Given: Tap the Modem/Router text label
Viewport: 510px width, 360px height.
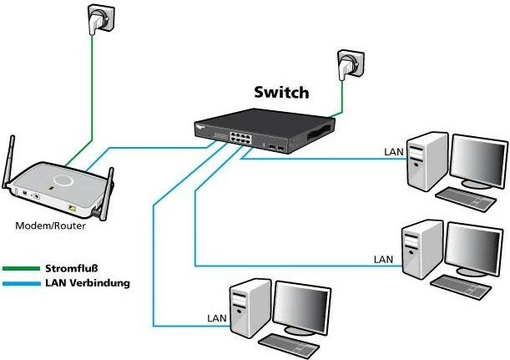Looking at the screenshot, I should pyautogui.click(x=48, y=226).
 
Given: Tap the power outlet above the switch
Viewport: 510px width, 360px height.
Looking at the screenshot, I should pyautogui.click(x=348, y=64).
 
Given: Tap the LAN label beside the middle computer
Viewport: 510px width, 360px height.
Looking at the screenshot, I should pyautogui.click(x=383, y=260).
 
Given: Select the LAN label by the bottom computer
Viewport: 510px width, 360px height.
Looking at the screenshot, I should pyautogui.click(x=215, y=319).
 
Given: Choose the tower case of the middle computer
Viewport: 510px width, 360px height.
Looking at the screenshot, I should pyautogui.click(x=419, y=248).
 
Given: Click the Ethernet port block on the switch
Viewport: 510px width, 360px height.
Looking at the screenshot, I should pyautogui.click(x=234, y=136).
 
